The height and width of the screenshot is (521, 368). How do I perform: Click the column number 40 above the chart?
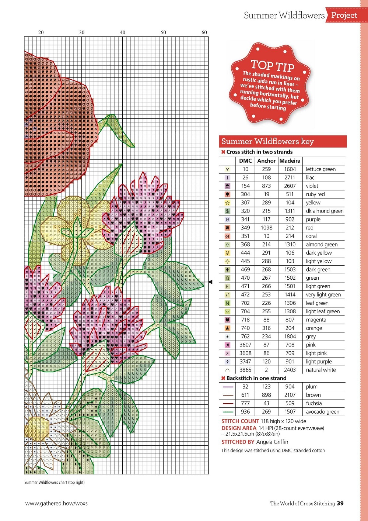click(x=123, y=32)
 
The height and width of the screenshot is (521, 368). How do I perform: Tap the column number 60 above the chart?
click(x=204, y=32)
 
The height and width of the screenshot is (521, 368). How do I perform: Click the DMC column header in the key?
click(x=245, y=161)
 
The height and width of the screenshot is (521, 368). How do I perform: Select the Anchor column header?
click(x=266, y=161)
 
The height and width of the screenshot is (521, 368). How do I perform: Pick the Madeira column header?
click(x=290, y=161)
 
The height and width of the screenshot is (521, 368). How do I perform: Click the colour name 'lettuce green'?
click(x=320, y=169)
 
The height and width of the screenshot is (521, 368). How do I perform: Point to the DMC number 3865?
click(x=245, y=370)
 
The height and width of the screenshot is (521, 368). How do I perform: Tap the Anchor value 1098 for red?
click(x=266, y=228)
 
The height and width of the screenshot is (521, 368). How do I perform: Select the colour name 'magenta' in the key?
click(x=316, y=320)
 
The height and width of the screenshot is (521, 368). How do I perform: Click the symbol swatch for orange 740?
click(x=227, y=328)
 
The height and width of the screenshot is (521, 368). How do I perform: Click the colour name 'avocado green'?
click(x=322, y=412)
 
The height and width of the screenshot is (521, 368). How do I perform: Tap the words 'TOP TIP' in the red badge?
click(x=272, y=66)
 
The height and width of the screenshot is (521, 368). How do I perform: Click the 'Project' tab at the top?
click(x=344, y=15)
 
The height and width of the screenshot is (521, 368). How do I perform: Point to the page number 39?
click(x=340, y=503)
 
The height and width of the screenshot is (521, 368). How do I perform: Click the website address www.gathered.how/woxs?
click(x=56, y=503)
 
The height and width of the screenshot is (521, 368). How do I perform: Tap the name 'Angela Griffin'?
click(x=272, y=442)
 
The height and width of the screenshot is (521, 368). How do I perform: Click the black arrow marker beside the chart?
click(x=211, y=282)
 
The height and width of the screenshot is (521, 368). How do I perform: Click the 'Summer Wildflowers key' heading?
click(x=267, y=141)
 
